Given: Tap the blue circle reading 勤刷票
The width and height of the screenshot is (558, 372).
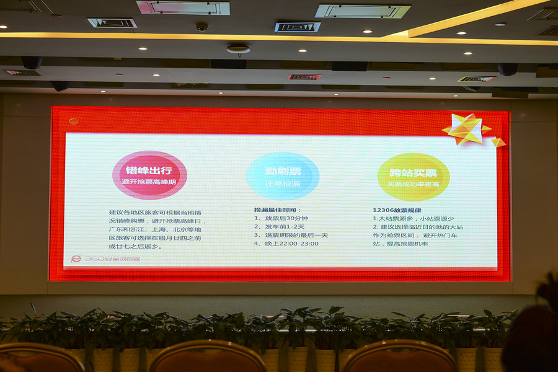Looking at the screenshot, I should coord(282,175).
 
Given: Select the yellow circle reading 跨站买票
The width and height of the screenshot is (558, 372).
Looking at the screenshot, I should coord(413,177).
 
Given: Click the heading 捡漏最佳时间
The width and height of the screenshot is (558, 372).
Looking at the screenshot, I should coord(277,210).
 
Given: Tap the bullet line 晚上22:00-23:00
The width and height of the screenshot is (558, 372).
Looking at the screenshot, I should coord(286,244).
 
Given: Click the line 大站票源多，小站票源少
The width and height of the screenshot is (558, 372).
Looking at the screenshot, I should coord(413,219).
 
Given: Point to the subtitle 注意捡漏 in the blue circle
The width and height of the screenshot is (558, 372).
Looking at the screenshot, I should coord(283,184).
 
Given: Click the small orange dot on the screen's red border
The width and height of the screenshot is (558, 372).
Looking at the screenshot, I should coord(74,122).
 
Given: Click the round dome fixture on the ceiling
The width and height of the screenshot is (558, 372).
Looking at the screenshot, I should coord(238,49).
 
